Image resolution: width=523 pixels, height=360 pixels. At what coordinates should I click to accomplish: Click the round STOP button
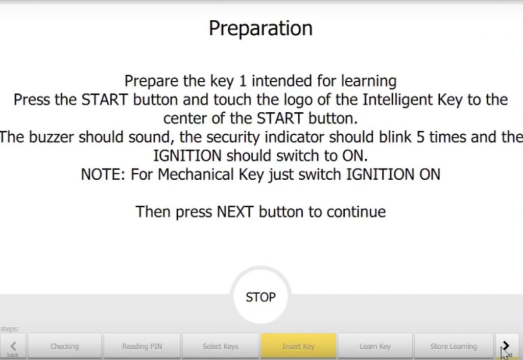coord(260,296)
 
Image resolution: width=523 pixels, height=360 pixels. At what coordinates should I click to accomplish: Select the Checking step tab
coord(64,346)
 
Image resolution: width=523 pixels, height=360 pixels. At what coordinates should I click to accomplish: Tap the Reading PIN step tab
coord(142,346)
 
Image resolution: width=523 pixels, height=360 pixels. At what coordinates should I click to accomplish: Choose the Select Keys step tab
coord(221,346)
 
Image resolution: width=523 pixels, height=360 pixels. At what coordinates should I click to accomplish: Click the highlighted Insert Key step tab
coord(298,346)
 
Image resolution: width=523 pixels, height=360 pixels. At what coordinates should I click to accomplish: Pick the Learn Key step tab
coord(375,346)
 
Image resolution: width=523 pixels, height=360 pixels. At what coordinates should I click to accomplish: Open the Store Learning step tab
coord(454,346)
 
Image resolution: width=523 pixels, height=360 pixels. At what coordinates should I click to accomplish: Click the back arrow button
coord(13,347)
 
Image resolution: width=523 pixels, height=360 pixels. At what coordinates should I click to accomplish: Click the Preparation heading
coord(261,29)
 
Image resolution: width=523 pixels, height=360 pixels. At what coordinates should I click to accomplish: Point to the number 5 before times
coord(420,137)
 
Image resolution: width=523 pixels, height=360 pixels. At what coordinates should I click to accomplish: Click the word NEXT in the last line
coord(235,212)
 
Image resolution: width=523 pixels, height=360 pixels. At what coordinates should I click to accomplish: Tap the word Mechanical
coord(195,174)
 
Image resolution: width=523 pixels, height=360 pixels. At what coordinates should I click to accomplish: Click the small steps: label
coord(10,329)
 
